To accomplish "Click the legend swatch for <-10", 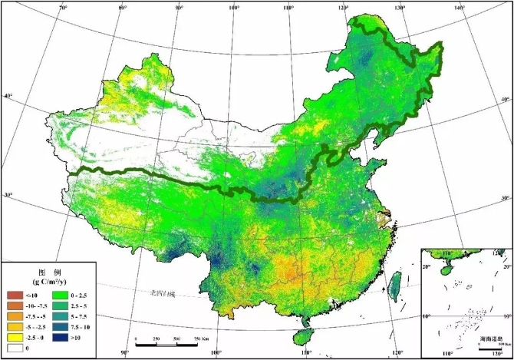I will click(x=14, y=295).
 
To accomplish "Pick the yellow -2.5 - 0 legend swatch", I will click(x=14, y=336).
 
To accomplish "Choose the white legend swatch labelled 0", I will click(x=14, y=347).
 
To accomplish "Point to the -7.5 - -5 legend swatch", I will click(x=14, y=315).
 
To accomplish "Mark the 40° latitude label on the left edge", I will click(x=7, y=96).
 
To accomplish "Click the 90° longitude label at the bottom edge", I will click(x=125, y=354).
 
